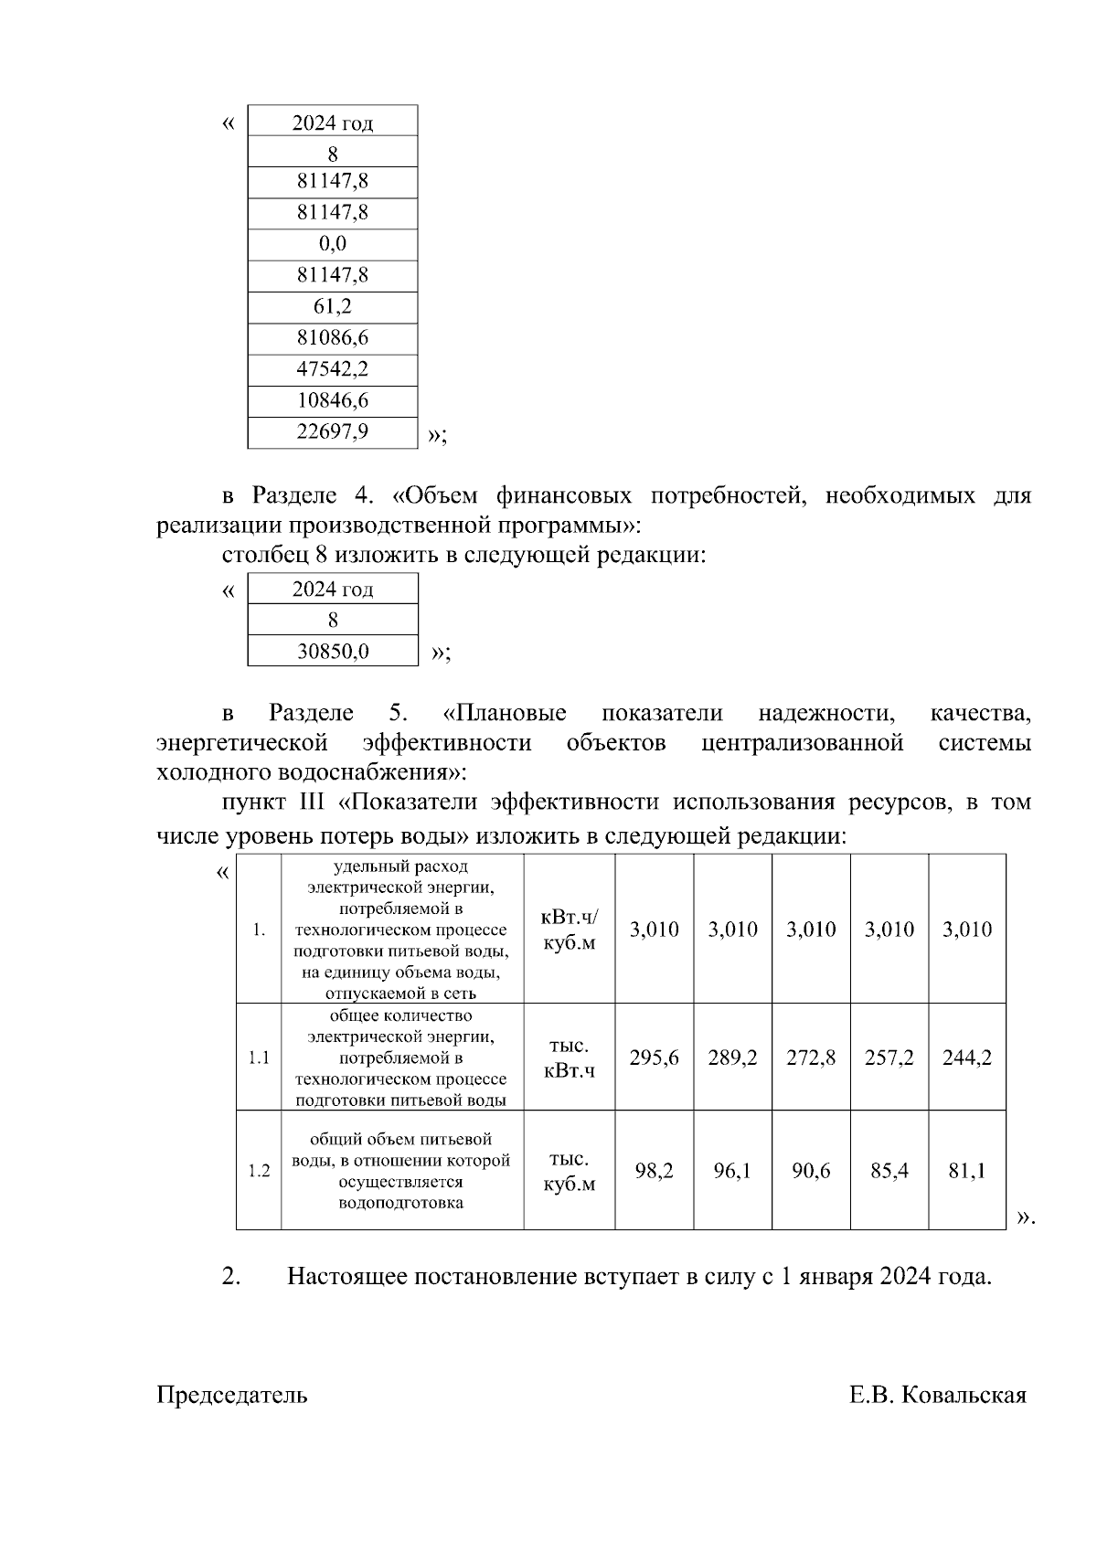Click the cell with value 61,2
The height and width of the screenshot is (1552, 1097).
[332, 306]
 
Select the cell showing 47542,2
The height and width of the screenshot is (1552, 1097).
[332, 368]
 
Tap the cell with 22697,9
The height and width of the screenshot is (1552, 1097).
[332, 431]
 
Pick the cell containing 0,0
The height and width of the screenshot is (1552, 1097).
[332, 243]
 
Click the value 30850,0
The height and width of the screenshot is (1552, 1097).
[332, 651]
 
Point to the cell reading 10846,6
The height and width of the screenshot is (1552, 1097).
[332, 399]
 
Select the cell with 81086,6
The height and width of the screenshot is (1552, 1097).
[332, 337]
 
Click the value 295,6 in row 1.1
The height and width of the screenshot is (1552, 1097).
[654, 1058]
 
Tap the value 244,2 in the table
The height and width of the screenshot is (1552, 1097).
[967, 1058]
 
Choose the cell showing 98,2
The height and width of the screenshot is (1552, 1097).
[654, 1170]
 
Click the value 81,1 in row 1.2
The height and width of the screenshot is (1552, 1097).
[967, 1170]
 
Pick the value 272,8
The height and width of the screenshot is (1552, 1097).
[811, 1058]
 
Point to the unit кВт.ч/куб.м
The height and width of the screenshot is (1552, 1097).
[569, 930]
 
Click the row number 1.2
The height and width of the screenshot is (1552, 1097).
[259, 1171]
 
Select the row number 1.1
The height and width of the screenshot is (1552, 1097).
[259, 1058]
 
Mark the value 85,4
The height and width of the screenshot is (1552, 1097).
[889, 1170]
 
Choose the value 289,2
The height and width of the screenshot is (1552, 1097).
[732, 1058]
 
